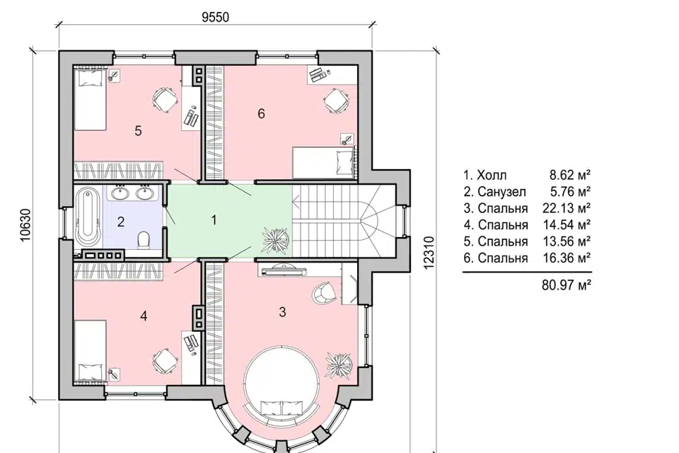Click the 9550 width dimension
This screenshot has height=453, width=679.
pos(215,17)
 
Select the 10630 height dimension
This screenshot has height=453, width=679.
pos(26,225)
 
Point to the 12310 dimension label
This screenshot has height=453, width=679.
pos(429,253)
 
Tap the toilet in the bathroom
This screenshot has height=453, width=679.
pos(144,241)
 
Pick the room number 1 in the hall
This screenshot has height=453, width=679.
pos(214,220)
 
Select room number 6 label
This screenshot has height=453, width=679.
pos(261,113)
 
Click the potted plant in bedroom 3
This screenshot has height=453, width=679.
pos(339,365)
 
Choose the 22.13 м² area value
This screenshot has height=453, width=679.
pos(567,208)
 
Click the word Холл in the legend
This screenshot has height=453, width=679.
pos(492,175)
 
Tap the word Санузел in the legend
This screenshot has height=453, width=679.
pos(502,192)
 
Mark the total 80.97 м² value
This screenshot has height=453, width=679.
pos(567,285)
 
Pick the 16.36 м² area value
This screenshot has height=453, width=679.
pos(567,258)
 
